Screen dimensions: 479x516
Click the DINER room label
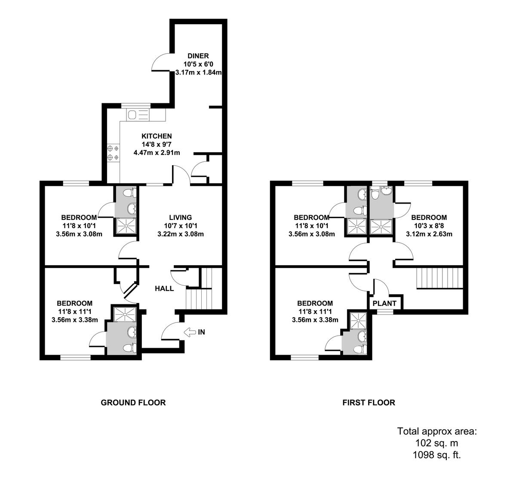(198, 56)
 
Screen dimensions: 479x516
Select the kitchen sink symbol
(132, 114)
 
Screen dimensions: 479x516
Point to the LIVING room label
(180, 218)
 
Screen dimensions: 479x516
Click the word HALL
(164, 288)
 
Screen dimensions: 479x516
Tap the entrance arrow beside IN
(189, 332)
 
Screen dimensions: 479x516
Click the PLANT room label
(384, 303)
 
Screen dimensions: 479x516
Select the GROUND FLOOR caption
(133, 403)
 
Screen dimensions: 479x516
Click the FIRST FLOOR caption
(369, 403)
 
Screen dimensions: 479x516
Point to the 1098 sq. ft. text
(437, 455)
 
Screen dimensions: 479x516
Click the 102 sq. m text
(437, 443)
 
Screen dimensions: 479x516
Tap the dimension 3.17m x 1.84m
(198, 73)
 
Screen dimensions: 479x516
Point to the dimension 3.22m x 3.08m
(180, 235)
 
